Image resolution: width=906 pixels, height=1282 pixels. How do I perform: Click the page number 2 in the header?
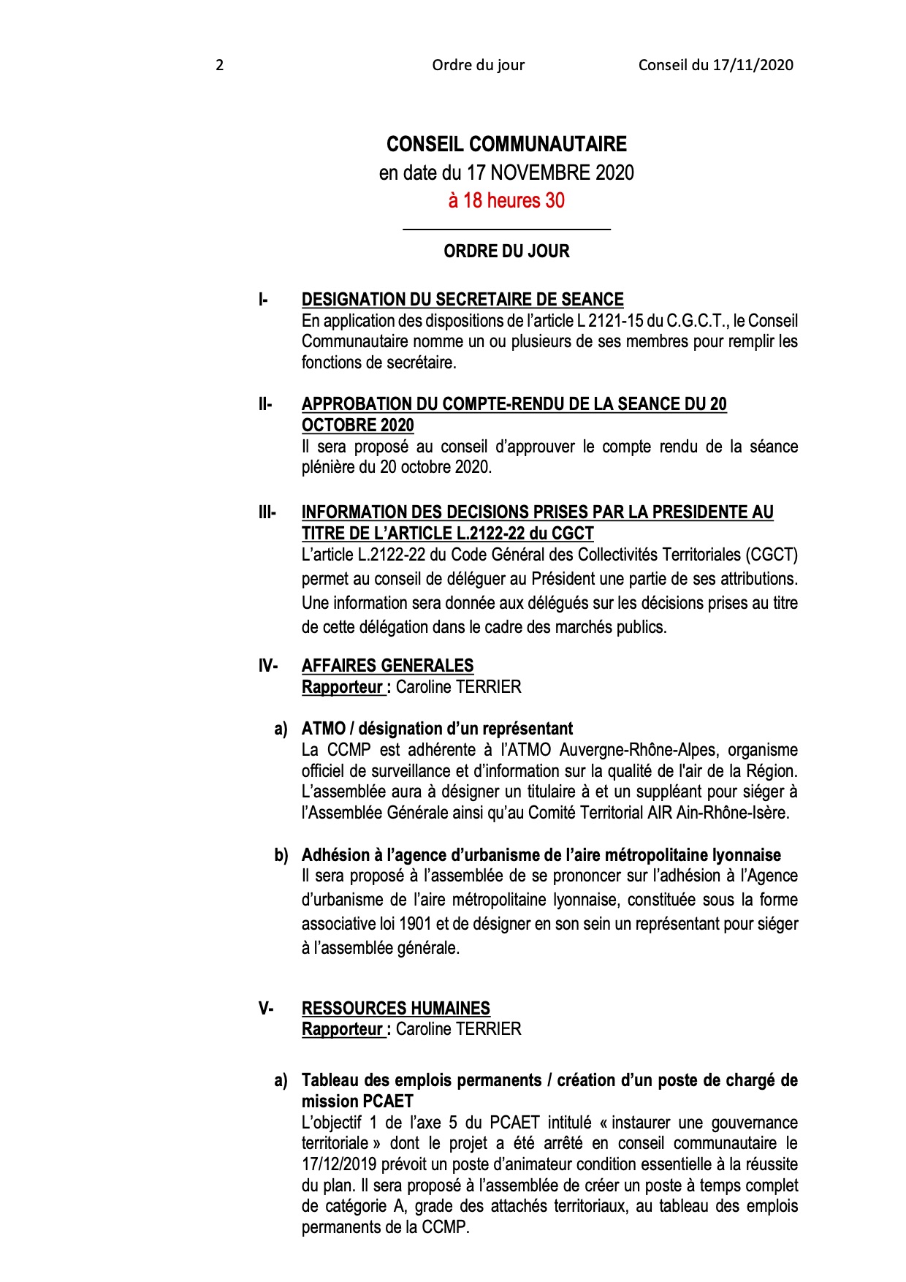(x=219, y=65)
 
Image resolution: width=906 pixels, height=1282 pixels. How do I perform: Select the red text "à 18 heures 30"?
(x=506, y=200)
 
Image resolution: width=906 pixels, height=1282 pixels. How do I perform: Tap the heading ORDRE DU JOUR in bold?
(x=506, y=251)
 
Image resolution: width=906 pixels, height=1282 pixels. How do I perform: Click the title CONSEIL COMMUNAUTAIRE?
(x=506, y=144)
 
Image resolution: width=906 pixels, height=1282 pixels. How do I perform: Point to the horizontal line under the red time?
(x=506, y=230)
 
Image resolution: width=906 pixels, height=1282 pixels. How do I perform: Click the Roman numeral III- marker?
(x=267, y=512)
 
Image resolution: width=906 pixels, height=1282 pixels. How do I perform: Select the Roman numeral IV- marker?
(x=267, y=666)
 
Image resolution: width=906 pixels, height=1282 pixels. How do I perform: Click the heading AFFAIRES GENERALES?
(x=387, y=666)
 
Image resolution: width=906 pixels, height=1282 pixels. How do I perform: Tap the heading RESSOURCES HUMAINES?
(x=395, y=1009)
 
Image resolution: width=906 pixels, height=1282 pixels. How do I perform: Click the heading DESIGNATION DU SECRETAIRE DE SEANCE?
(x=462, y=300)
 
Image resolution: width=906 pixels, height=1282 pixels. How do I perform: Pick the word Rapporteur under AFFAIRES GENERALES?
(x=342, y=687)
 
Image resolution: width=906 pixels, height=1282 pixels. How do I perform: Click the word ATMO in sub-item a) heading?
(x=323, y=729)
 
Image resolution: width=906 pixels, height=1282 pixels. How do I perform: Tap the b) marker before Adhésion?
(x=281, y=855)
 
